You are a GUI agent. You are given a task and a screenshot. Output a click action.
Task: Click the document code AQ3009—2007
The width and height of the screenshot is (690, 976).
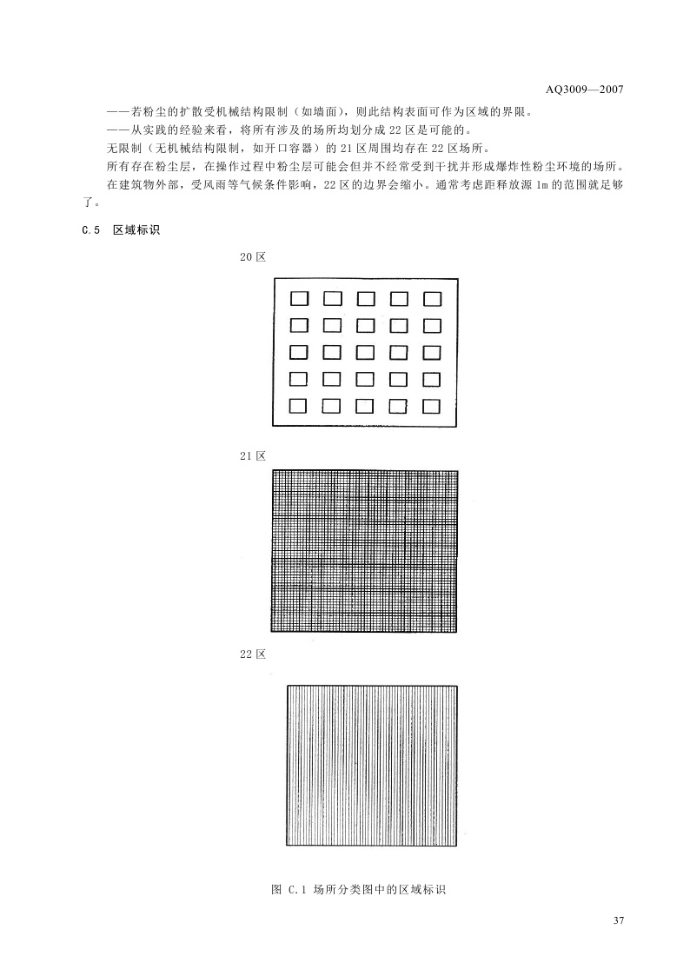[x=585, y=90]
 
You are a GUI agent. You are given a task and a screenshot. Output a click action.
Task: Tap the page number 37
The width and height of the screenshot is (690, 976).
[x=619, y=921]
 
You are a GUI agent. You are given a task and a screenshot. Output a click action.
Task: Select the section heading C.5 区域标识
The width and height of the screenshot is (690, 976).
[x=121, y=230]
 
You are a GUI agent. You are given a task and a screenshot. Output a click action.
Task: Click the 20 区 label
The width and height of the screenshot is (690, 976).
[x=252, y=258]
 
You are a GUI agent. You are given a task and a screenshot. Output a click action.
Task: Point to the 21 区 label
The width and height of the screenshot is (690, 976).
[x=252, y=455]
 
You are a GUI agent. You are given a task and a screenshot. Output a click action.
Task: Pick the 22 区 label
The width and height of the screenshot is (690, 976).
[x=252, y=654]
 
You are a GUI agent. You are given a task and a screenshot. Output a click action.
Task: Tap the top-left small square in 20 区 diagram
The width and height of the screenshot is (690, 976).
[x=298, y=299]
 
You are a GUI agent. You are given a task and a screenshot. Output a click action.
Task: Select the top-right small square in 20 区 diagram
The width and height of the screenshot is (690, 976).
[x=433, y=299]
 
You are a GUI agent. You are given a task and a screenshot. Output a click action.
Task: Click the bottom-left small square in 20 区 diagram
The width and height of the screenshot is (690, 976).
[x=298, y=406]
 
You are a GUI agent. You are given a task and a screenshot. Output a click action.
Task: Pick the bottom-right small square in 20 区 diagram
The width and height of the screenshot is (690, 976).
[x=433, y=406]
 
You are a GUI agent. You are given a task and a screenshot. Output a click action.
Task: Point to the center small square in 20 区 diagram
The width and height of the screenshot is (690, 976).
[x=365, y=352]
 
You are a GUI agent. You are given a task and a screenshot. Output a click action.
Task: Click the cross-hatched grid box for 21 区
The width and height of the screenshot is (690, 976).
[x=365, y=551]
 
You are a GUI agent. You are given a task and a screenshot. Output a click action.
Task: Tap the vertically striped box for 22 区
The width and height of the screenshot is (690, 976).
[x=372, y=765]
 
